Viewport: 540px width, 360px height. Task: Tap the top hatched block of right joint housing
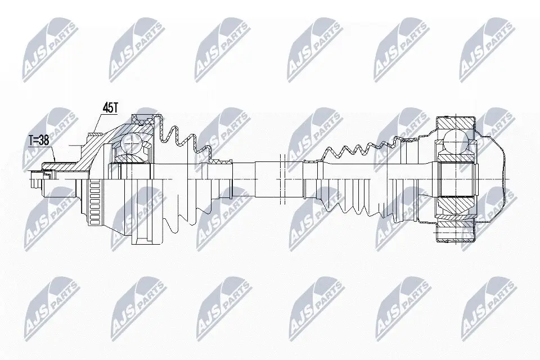coord(456,121)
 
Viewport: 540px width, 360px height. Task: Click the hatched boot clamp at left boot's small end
coord(220,161)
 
